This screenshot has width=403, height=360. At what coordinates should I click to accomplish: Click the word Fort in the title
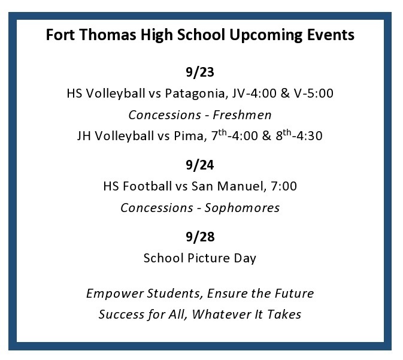pyautogui.click(x=60, y=35)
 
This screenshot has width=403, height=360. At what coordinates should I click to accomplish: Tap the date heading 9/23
pyautogui.click(x=200, y=72)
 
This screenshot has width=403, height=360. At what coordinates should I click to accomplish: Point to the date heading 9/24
pyautogui.click(x=200, y=165)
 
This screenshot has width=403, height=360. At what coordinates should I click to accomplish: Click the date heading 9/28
pyautogui.click(x=200, y=237)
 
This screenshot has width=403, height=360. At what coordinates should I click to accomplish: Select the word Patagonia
pyautogui.click(x=196, y=93)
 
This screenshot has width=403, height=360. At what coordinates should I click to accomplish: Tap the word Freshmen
pyautogui.click(x=242, y=115)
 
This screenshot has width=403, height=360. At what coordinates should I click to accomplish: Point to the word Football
pyautogui.click(x=147, y=186)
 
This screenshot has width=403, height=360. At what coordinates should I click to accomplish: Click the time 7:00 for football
pyautogui.click(x=284, y=186)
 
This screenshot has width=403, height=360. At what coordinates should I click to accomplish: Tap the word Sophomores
pyautogui.click(x=242, y=208)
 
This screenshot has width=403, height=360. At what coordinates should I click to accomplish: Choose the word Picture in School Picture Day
pyautogui.click(x=208, y=258)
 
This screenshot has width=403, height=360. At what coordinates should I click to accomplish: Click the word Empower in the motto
pyautogui.click(x=115, y=294)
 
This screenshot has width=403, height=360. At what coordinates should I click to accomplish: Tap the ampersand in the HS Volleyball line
pyautogui.click(x=285, y=93)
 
